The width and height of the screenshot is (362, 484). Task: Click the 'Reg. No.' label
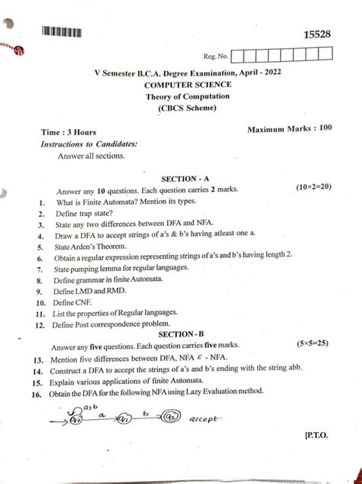[x=216, y=56]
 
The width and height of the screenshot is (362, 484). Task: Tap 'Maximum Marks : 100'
[x=289, y=129]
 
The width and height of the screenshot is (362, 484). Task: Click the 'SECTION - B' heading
[x=180, y=334]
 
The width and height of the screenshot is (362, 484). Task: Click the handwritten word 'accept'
[x=207, y=418]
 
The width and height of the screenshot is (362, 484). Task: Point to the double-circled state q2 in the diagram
[x=167, y=418]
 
